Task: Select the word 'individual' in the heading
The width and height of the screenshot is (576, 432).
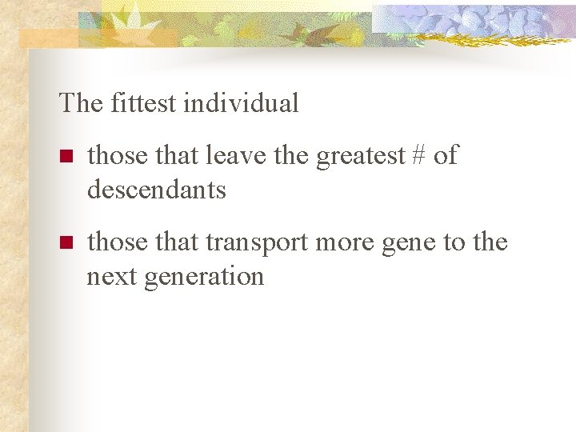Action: pyautogui.click(x=241, y=103)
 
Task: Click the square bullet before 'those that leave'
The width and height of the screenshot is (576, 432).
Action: pyautogui.click(x=66, y=156)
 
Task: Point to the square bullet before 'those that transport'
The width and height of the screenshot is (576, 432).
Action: pyautogui.click(x=66, y=242)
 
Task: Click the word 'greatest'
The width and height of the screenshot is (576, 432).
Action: pyautogui.click(x=361, y=157)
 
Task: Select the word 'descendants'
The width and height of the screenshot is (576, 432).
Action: pyautogui.click(x=157, y=190)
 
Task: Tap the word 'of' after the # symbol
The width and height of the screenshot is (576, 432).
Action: pyautogui.click(x=446, y=155)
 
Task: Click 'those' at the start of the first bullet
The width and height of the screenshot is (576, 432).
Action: pyautogui.click(x=116, y=155)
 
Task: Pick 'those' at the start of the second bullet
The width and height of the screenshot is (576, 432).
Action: pyautogui.click(x=116, y=242)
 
